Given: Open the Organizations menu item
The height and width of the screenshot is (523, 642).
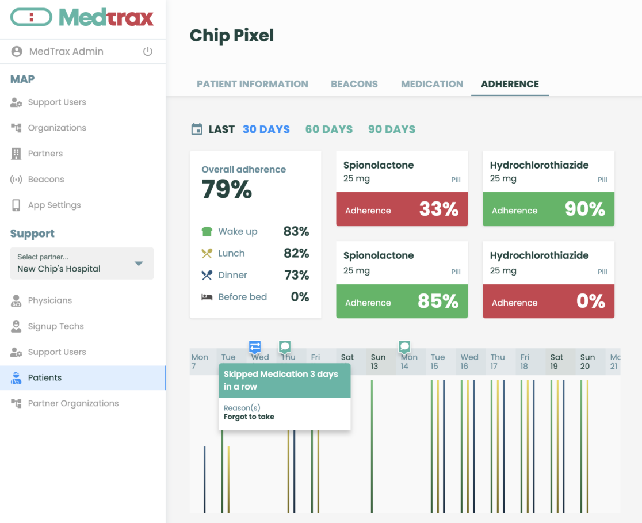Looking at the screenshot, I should tap(57, 128).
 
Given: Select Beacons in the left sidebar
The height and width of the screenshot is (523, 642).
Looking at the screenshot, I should tap(46, 180).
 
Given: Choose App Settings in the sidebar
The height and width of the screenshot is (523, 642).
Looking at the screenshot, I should tap(54, 205).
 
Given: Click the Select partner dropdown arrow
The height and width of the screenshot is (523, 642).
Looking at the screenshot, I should tap(138, 264).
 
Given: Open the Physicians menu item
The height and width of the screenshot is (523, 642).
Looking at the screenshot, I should tap(50, 300).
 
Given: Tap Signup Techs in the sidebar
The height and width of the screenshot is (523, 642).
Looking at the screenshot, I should tap(56, 326).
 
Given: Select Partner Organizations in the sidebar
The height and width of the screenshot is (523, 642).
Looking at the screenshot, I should tap(73, 403).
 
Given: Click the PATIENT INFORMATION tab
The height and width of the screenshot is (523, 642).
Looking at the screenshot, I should tap(253, 84).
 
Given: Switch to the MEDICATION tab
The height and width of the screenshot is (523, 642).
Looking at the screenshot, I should tap(432, 84).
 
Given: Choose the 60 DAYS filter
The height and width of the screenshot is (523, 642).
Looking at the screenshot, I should tap(329, 129).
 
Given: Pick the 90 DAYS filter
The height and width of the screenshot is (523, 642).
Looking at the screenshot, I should tap(392, 129).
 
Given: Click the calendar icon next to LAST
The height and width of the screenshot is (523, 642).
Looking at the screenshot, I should tap(197, 129).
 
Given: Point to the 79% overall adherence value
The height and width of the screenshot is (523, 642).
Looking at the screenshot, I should tap(227, 189).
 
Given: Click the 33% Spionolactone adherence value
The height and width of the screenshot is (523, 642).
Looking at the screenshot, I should tap(439, 209).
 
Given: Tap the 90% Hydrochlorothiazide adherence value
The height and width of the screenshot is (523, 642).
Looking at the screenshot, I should tap(585, 209).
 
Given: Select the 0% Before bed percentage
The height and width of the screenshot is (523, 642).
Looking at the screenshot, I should tap(300, 297).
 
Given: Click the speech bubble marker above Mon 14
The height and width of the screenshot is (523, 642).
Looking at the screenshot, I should tap(404, 346).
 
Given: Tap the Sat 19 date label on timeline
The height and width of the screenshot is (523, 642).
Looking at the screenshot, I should tap(556, 361).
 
